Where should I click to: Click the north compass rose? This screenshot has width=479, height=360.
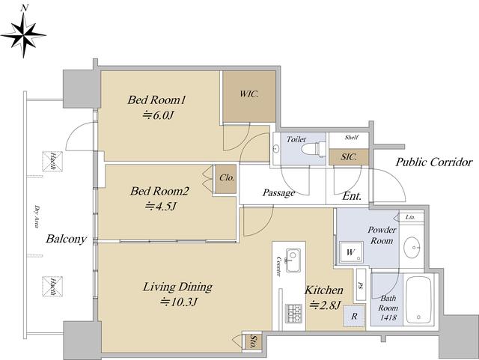coord(23,34)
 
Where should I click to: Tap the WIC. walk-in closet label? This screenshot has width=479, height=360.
coord(249,94)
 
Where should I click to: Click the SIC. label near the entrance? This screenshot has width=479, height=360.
coord(349,157)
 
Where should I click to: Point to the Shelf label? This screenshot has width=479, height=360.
coord(352,137)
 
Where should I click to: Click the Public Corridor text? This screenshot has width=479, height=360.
coord(434,162)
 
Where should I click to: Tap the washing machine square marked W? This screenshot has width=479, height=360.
coord(351,252)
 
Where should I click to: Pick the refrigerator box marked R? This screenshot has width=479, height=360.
coord(354,316)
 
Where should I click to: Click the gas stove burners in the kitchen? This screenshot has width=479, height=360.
coord(293,314)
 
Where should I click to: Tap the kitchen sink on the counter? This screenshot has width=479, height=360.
coord(293,260)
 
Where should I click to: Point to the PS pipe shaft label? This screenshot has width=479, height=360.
coord(361,286)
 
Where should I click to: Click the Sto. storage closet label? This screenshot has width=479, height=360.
coord(253,342)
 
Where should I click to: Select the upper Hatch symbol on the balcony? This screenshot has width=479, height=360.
coord(52,161)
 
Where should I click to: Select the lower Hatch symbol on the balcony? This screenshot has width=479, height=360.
coord(52,287)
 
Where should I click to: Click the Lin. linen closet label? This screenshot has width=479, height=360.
coord(410,217)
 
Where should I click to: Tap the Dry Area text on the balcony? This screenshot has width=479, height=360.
coord(37,217)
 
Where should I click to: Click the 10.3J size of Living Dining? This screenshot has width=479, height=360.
coord(180,302)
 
